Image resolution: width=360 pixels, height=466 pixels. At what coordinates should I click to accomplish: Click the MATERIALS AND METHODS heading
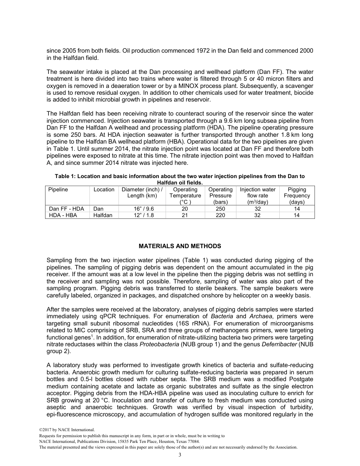180,246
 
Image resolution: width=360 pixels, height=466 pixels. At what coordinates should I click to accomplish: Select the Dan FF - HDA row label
67,209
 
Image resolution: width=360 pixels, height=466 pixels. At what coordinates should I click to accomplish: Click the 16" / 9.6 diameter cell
142,209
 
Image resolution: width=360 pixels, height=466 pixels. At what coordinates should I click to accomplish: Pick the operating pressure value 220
220,215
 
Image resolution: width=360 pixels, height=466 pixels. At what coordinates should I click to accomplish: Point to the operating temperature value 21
185,215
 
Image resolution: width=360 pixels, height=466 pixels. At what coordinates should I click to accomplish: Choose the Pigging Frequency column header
297,195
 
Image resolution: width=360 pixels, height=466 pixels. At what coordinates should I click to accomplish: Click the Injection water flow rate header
258,195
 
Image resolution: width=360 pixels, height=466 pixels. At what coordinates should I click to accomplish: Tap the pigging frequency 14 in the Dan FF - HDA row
297,209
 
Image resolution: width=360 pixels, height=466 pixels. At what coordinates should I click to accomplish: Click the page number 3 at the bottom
180,455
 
